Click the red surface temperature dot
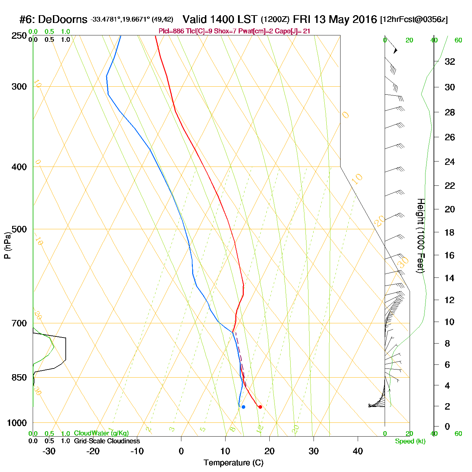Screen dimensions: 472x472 point(260,407)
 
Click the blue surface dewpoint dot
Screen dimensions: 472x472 point(243,407)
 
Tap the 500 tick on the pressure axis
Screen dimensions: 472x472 point(19,229)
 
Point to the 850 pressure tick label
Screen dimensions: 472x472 point(19,378)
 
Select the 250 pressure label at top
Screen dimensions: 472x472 point(19,36)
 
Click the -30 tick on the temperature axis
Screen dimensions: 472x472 point(49,451)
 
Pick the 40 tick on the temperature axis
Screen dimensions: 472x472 point(358,451)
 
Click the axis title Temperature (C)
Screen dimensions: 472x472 point(233,463)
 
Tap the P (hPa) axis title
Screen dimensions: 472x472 point(7,245)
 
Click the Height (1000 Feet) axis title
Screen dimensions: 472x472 point(420,236)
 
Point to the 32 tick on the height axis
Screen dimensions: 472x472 point(450,62)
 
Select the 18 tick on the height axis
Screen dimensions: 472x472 point(449,232)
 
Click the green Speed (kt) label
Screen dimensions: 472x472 point(410,441)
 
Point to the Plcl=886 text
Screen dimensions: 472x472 point(171,31)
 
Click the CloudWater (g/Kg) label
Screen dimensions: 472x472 point(101,433)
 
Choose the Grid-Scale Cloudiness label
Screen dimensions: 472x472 point(107,441)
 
